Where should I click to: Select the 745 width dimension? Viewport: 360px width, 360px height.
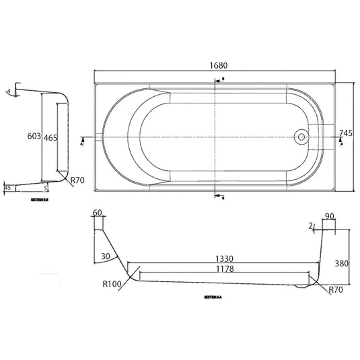click(347, 133)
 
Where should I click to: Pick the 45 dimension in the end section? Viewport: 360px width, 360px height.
click(8, 188)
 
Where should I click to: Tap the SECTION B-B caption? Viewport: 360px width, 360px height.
click(40, 201)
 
